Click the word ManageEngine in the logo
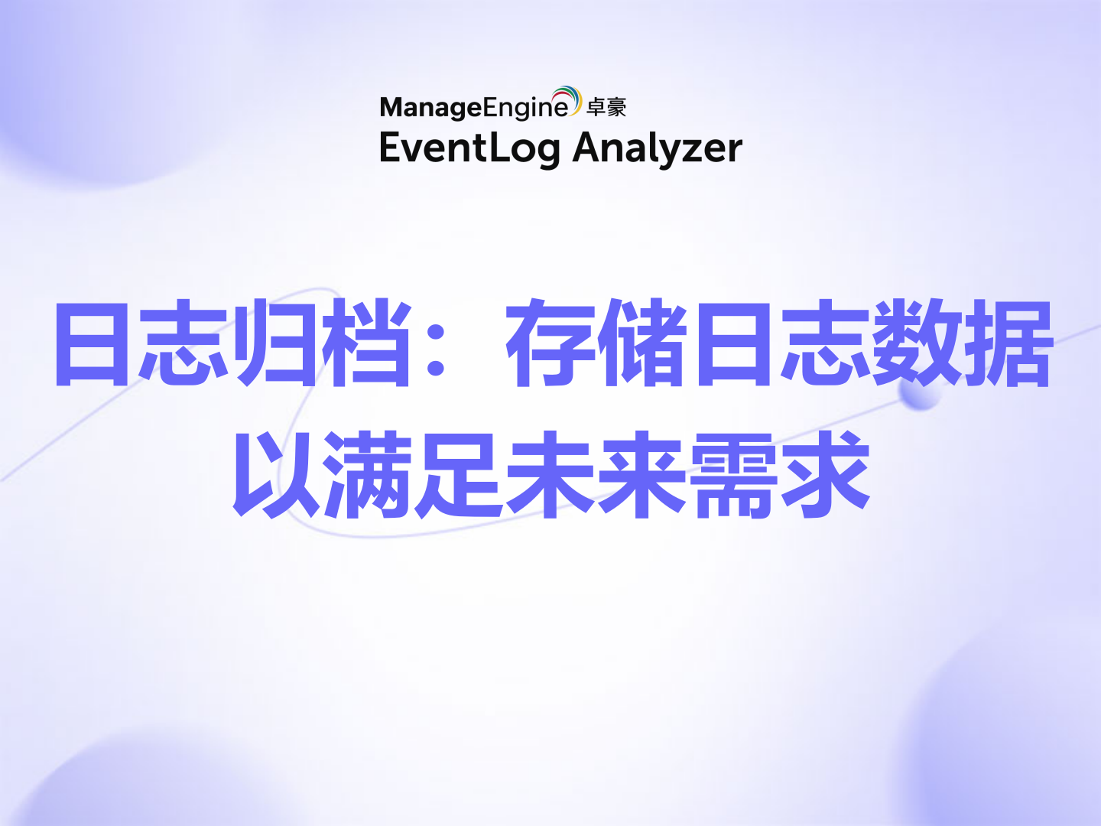point(474,108)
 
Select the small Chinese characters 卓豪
point(606,108)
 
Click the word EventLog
point(469,148)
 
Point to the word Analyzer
point(658,148)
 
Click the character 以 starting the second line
point(275,474)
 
